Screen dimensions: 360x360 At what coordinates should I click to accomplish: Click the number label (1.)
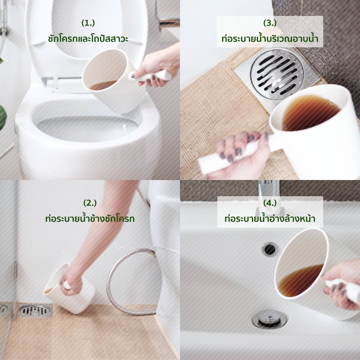pos(88,23)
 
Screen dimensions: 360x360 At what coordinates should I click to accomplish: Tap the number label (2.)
pos(90,203)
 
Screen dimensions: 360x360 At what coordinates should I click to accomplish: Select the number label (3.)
pos(270,23)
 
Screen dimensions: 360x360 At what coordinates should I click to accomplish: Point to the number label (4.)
pos(270,203)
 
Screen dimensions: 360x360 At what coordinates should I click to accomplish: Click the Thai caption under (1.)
pos(88,38)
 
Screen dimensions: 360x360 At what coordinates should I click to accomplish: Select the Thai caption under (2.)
pos(90,218)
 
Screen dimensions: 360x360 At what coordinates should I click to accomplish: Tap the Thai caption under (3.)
pos(270,38)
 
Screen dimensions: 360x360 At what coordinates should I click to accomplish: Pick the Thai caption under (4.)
pos(270,218)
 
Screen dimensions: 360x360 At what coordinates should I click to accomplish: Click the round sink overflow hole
pos(270,249)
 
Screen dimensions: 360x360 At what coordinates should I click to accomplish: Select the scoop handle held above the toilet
pos(151,76)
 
